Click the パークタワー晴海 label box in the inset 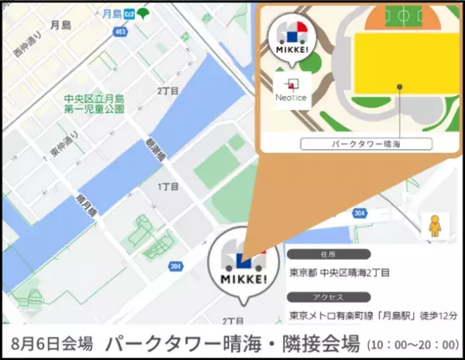tap(366, 143)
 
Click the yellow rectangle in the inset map tap(399, 68)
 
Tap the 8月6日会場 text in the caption tap(52, 343)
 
